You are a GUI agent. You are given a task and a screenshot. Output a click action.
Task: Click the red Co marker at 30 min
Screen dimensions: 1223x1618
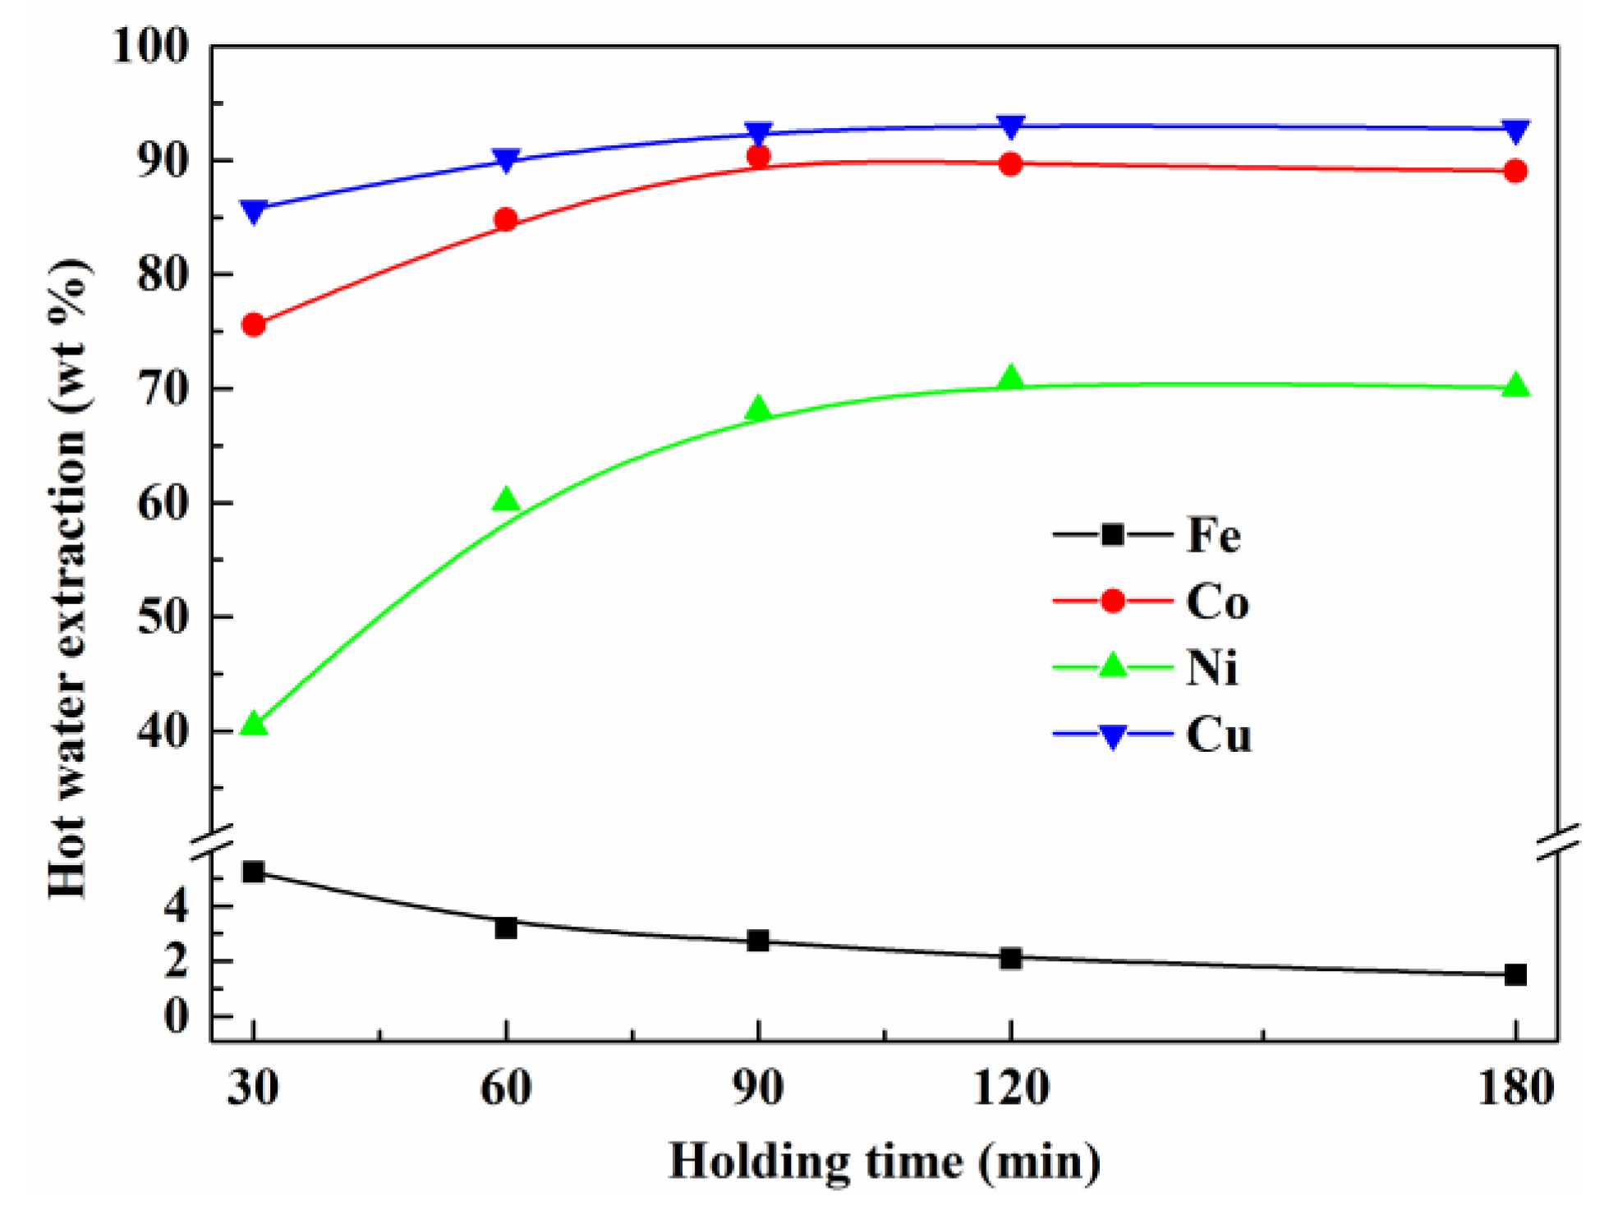(x=254, y=325)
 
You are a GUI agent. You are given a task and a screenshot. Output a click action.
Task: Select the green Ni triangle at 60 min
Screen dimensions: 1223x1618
(x=506, y=500)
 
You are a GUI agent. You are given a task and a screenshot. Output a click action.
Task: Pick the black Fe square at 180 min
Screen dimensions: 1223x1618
(x=1515, y=974)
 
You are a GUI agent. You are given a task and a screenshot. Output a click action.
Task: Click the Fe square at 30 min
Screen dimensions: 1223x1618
(x=254, y=872)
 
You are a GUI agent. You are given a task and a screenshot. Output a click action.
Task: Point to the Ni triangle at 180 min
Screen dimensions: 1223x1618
(x=1515, y=386)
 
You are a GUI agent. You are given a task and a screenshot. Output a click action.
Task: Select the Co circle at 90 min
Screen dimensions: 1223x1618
(x=758, y=156)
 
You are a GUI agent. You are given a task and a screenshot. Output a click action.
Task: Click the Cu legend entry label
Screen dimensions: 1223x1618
(x=1219, y=735)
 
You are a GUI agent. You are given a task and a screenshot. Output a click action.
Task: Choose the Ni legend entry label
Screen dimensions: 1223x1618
(x=1211, y=667)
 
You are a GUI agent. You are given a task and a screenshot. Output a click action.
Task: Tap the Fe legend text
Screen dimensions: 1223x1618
(x=1213, y=535)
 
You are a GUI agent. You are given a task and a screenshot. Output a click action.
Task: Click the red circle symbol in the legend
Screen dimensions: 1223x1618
(x=1113, y=601)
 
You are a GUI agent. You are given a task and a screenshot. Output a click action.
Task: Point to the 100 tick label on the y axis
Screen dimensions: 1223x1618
(x=150, y=46)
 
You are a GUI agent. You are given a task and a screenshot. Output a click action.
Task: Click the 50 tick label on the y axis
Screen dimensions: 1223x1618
(x=163, y=616)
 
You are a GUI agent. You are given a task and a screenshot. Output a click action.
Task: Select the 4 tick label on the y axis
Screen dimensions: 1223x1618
(x=176, y=905)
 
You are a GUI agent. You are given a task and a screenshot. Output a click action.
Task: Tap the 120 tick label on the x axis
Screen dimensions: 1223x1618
(x=1011, y=1088)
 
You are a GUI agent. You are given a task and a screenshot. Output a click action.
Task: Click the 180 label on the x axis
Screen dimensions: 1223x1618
(x=1515, y=1088)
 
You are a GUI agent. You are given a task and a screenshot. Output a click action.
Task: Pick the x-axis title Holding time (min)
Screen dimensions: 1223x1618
(x=885, y=1162)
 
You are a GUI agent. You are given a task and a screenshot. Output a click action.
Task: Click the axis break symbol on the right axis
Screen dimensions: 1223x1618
(x=1558, y=843)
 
